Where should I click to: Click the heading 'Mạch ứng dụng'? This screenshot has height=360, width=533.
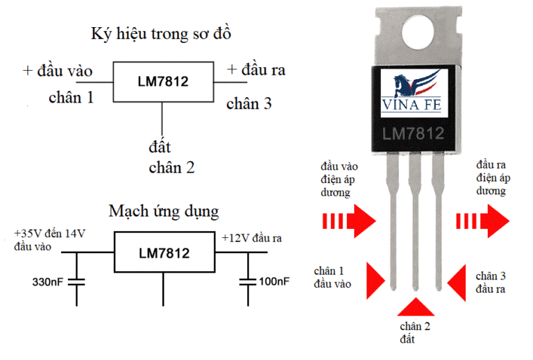pyautogui.click(x=163, y=210)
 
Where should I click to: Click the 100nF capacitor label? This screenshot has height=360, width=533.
pyautogui.click(x=273, y=283)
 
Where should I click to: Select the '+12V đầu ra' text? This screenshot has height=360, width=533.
pyautogui.click(x=251, y=238)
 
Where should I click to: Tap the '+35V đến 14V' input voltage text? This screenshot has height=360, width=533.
pyautogui.click(x=47, y=234)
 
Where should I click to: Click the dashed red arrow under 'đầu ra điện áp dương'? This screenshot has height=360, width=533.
pyautogui.click(x=482, y=221)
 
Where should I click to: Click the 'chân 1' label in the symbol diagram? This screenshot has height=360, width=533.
pyautogui.click(x=71, y=97)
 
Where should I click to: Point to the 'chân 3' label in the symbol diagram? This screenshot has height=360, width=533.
pyautogui.click(x=249, y=104)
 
